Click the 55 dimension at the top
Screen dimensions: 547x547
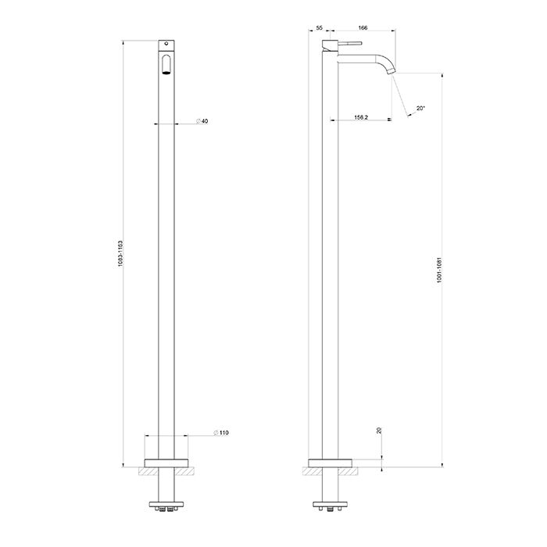click(319, 28)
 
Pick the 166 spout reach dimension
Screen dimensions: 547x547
click(363, 28)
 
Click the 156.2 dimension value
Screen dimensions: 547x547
click(361, 118)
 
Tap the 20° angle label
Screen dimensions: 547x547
click(420, 109)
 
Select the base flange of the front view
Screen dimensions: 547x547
click(167, 461)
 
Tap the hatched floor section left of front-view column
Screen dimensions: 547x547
click(146, 472)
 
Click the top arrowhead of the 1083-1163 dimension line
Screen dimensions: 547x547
click(125, 41)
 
